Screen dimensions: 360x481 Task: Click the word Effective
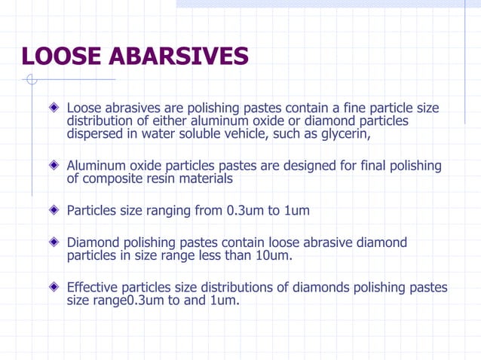click(x=93, y=287)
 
